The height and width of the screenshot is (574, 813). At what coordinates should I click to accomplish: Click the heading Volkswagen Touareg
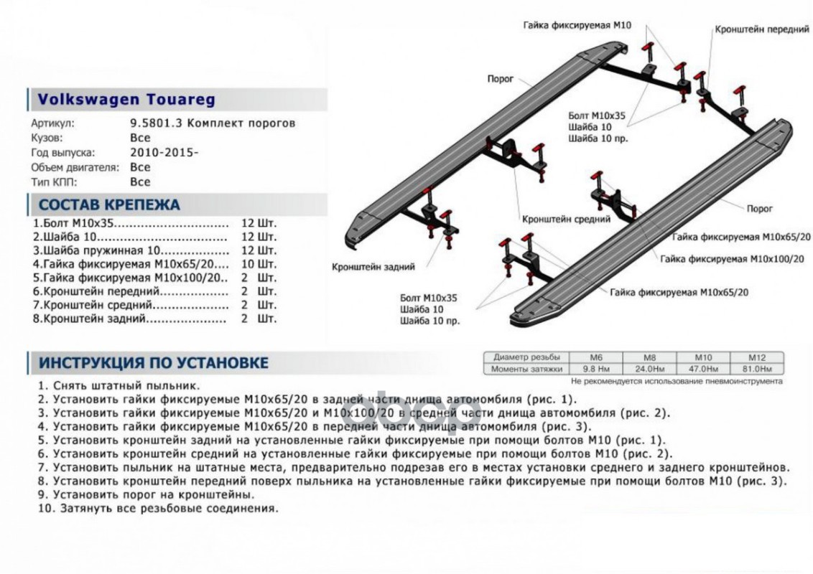click(x=126, y=100)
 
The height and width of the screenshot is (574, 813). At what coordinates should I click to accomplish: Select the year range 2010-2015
click(x=163, y=153)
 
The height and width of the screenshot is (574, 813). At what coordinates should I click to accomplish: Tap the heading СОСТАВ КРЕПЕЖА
click(x=109, y=204)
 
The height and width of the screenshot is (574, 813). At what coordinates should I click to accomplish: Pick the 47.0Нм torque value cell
click(x=704, y=369)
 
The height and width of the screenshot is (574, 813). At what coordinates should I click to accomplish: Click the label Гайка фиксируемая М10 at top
click(x=577, y=25)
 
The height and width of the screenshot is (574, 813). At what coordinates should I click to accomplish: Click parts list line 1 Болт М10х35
click(x=129, y=222)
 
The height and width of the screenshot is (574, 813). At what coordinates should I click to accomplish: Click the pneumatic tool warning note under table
click(x=677, y=381)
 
